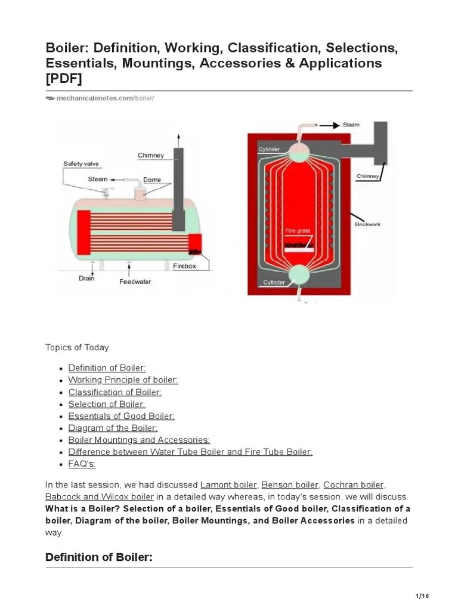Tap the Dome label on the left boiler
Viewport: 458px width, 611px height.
click(151, 180)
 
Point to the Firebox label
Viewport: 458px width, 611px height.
click(184, 266)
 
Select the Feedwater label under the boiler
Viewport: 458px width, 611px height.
click(135, 282)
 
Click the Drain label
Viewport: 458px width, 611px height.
click(87, 278)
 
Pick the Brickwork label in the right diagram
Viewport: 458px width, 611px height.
click(367, 224)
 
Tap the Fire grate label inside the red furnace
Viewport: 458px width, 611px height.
click(297, 230)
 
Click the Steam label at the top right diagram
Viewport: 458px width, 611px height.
click(351, 125)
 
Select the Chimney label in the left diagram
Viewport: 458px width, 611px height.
click(150, 156)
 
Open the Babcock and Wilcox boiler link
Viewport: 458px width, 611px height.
click(99, 496)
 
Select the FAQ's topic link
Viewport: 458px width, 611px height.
click(82, 464)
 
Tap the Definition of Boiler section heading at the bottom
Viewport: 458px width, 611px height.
click(99, 557)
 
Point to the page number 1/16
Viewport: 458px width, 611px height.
click(422, 596)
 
